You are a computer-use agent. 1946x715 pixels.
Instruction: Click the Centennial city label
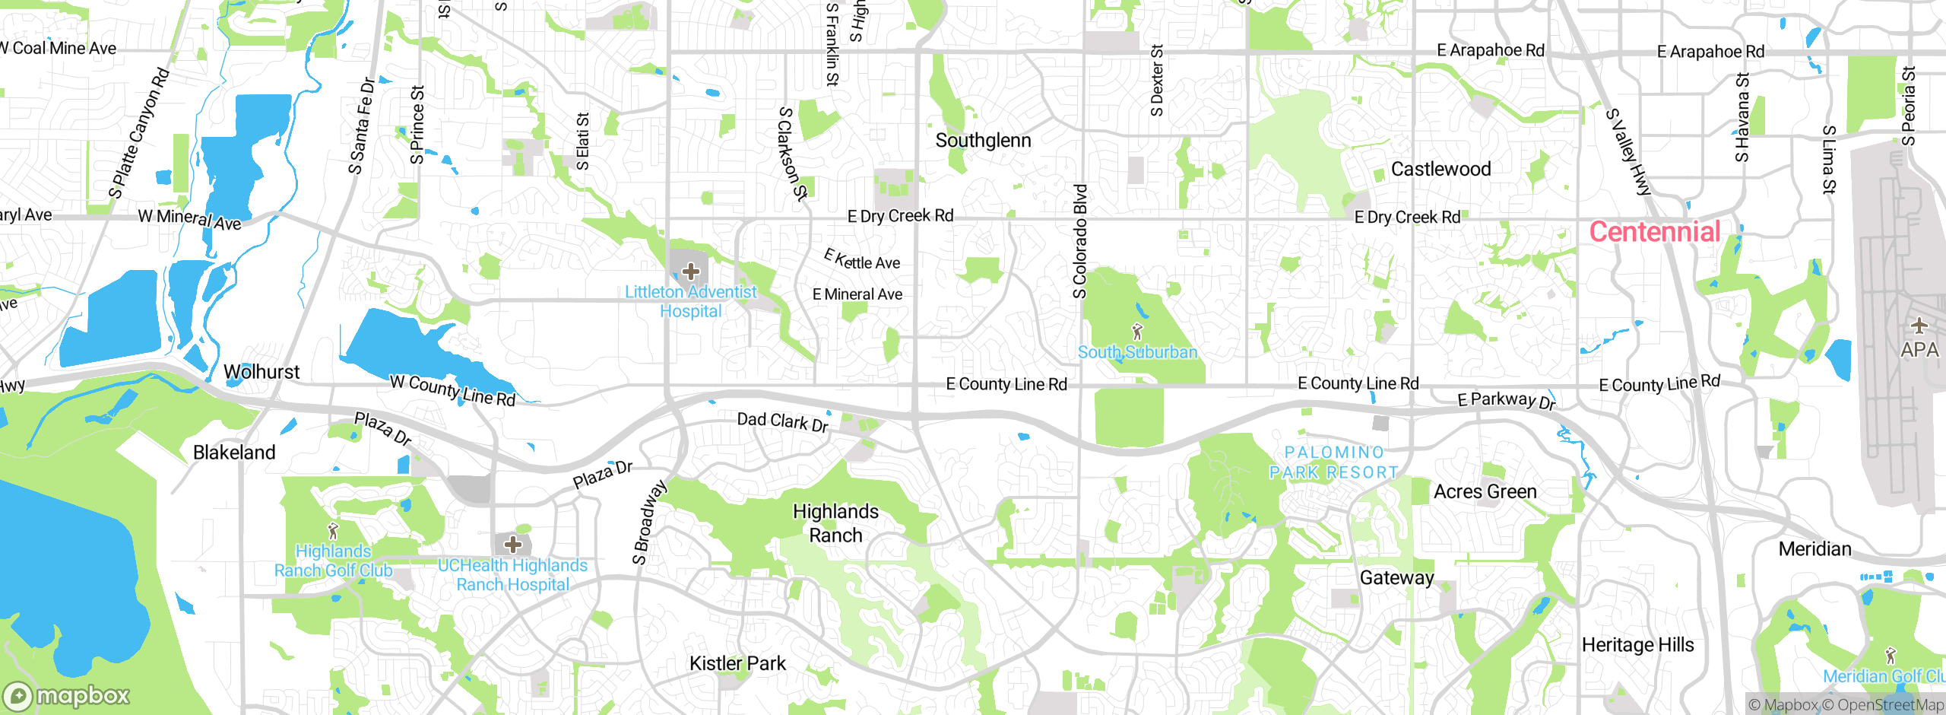[x=1654, y=232]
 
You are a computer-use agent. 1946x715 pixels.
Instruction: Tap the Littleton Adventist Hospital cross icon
[x=690, y=272]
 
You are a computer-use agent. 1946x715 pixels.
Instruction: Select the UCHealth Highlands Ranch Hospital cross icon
[x=513, y=545]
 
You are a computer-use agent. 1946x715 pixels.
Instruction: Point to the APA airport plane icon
[x=1919, y=326]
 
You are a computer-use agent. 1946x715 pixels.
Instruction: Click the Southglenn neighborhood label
[x=983, y=141]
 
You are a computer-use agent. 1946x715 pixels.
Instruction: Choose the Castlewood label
[x=1440, y=170]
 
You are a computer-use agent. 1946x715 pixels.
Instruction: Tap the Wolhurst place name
[x=261, y=372]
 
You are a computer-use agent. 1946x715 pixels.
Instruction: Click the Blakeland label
[x=234, y=453]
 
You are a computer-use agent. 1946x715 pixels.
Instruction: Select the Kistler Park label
[x=737, y=663]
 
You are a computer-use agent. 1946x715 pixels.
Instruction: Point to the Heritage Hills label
[x=1637, y=645]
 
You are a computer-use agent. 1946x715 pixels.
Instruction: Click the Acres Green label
[x=1485, y=492]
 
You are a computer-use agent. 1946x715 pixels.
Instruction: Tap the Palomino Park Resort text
[x=1333, y=462]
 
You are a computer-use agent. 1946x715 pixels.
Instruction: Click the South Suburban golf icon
[x=1137, y=332]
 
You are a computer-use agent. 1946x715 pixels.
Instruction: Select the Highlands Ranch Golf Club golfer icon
[x=332, y=531]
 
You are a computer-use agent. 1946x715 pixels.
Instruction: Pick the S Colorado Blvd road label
[x=1080, y=242]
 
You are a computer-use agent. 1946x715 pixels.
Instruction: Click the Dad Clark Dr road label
[x=782, y=422]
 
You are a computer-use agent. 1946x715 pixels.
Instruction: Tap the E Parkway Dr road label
[x=1506, y=400]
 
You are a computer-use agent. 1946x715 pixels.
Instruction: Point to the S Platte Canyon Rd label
[x=139, y=134]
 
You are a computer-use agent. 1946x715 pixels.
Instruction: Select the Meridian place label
[x=1814, y=549]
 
